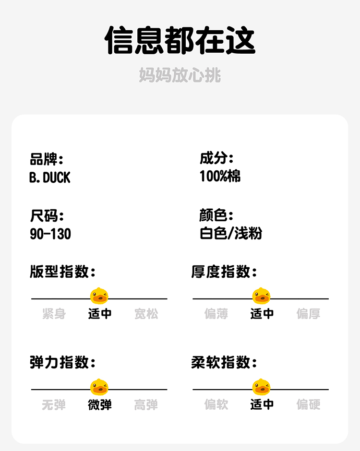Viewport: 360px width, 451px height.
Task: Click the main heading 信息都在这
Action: [x=180, y=40]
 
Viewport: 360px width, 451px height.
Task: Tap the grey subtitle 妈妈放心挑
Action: [x=180, y=75]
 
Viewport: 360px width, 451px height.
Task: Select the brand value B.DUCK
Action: [x=49, y=178]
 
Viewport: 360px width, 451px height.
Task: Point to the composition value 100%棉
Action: [x=220, y=176]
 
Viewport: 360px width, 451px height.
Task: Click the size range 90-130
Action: [x=50, y=234]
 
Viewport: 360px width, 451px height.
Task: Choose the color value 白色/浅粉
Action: [x=231, y=234]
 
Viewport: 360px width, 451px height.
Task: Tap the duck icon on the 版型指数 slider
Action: [x=99, y=296]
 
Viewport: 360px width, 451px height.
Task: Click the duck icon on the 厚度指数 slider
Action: [x=262, y=296]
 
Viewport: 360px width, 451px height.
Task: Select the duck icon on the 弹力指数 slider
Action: [x=99, y=387]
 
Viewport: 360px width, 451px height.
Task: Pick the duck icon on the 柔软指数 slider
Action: [x=262, y=387]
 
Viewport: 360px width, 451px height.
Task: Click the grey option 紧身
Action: [x=54, y=314]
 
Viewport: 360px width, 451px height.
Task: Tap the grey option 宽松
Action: [x=146, y=314]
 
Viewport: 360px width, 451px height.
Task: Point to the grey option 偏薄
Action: [x=216, y=314]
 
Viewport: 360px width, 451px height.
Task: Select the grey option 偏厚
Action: [x=308, y=314]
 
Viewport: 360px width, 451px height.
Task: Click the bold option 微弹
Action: [x=100, y=405]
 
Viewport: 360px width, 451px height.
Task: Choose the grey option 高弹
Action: [x=146, y=405]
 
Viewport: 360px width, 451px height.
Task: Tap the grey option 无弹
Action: [x=54, y=405]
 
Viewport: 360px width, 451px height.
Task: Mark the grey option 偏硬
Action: [x=308, y=405]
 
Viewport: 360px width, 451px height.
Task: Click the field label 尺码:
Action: [x=47, y=215]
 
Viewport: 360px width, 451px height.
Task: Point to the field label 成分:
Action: [x=216, y=158]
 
